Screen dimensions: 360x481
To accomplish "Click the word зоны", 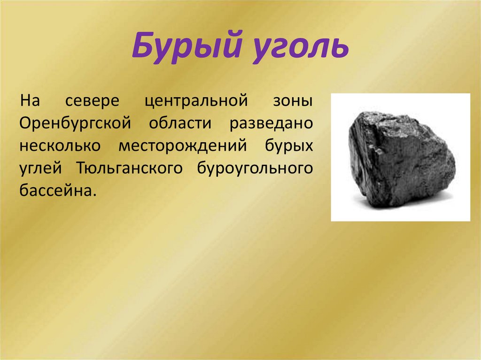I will pyautogui.click(x=293, y=101).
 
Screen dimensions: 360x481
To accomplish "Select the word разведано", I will pyautogui.click(x=271, y=123).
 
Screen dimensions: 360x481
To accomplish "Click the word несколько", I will pyautogui.click(x=60, y=146).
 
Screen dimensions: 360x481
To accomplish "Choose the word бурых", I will pyautogui.click(x=286, y=146).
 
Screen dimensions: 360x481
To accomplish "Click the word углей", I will pyautogui.click(x=43, y=169).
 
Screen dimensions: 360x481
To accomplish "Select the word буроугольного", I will pyautogui.click(x=252, y=169).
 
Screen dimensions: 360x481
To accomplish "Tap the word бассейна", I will pyautogui.click(x=54, y=191).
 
